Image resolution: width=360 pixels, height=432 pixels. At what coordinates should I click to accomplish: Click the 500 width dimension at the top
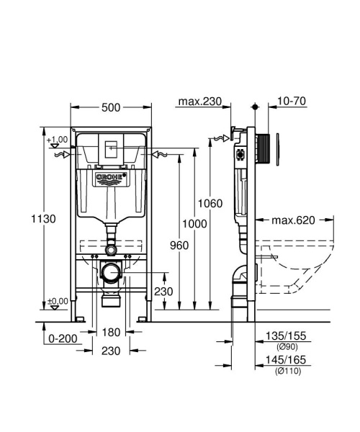click(x=110, y=107)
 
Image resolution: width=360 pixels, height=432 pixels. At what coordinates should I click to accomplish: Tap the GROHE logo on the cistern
click(x=112, y=178)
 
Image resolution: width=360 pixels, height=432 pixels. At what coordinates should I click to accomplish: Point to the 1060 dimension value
click(x=212, y=204)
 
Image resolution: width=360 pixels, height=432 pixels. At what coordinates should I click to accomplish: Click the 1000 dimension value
click(x=194, y=224)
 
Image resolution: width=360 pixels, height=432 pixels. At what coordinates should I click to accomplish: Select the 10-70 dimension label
click(x=291, y=102)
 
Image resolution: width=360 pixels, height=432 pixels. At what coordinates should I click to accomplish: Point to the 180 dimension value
click(x=110, y=332)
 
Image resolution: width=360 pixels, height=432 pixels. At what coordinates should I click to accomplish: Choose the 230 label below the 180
click(x=110, y=352)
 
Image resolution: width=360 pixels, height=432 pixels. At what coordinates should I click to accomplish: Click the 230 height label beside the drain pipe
click(x=165, y=292)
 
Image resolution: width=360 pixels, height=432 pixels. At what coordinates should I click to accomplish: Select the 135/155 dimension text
click(x=287, y=336)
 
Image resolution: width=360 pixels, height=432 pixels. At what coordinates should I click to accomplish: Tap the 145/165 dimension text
click(x=287, y=360)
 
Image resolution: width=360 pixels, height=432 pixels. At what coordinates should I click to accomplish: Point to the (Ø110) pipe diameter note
click(x=287, y=371)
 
